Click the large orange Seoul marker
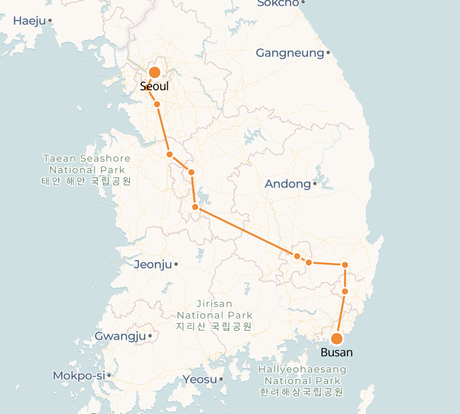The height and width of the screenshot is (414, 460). point(155,73)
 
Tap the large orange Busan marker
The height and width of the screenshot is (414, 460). point(337,338)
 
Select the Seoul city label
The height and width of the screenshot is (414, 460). point(154,86)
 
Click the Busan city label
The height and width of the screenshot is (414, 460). point(336,352)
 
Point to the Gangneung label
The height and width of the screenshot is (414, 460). point(289,53)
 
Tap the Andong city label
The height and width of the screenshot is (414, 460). point(287,184)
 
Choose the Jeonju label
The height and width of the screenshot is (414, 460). point(153,264)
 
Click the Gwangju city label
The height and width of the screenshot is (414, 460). point(120,336)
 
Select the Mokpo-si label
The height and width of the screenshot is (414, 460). point(79,375)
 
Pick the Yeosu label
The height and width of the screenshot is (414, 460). point(200,379)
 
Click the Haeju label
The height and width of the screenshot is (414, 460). point(29,21)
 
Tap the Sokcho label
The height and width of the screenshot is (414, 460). point(278,3)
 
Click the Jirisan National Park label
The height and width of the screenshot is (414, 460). point(214,315)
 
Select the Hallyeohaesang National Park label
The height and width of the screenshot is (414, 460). point(302,381)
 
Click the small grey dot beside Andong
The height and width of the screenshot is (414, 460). point(315,183)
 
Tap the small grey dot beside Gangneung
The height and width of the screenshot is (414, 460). point(328,53)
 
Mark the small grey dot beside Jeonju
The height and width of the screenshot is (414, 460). point(176,264)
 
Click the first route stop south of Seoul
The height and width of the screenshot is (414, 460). point(157,104)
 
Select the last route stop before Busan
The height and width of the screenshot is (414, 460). point(345,291)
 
